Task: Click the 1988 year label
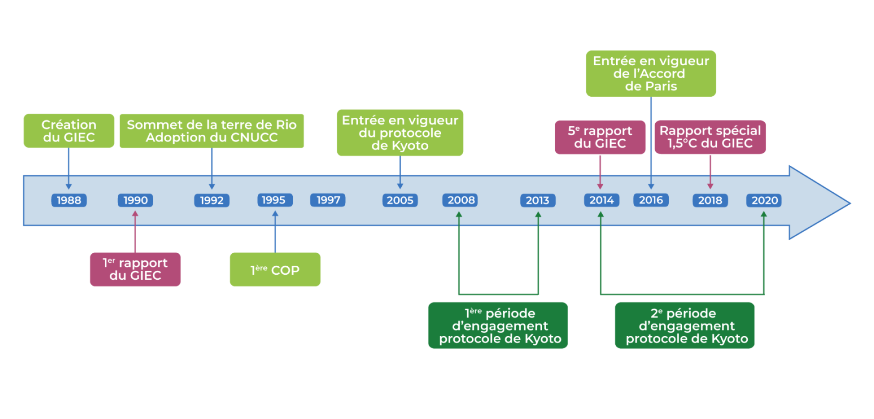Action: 69,200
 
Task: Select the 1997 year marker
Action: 328,200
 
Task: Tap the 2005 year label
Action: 400,200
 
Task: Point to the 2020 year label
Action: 764,200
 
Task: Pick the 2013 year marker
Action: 538,200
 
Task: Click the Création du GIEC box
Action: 69,131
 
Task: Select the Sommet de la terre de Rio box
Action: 212,131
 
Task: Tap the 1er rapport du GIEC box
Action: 135,269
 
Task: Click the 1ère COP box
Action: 275,270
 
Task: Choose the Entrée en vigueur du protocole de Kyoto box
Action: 400,133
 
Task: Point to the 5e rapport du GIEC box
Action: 600,137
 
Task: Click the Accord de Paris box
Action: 651,74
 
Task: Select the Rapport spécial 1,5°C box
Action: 710,137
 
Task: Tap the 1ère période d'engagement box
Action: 498,326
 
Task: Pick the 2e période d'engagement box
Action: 685,326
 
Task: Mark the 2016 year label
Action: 651,200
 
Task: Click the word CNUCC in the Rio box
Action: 254,138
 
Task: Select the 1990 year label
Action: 135,200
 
